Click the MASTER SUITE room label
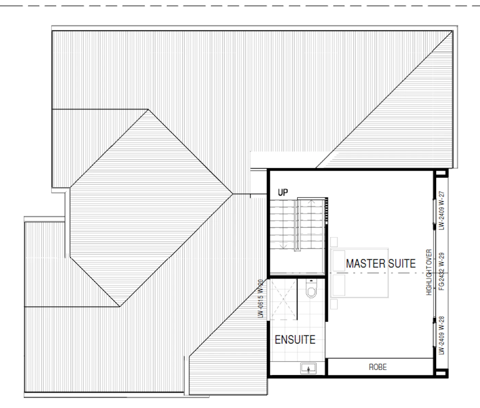click(x=381, y=264)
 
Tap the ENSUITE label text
click(x=295, y=340)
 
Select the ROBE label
click(x=378, y=367)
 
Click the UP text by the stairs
click(x=283, y=192)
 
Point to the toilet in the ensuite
click(x=311, y=288)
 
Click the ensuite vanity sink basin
click(x=308, y=368)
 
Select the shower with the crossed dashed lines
click(x=283, y=299)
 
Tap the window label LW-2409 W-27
click(x=442, y=210)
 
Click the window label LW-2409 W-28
click(x=442, y=335)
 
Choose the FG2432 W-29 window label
click(x=442, y=271)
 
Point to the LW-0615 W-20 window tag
click(x=261, y=298)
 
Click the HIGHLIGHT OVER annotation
click(x=429, y=272)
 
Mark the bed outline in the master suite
click(x=359, y=273)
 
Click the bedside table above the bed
click(x=334, y=242)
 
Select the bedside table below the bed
click(x=334, y=304)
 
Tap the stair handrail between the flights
click(x=298, y=225)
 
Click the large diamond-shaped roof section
click(x=151, y=208)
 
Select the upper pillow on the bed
click(x=339, y=260)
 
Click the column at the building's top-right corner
click(x=441, y=173)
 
